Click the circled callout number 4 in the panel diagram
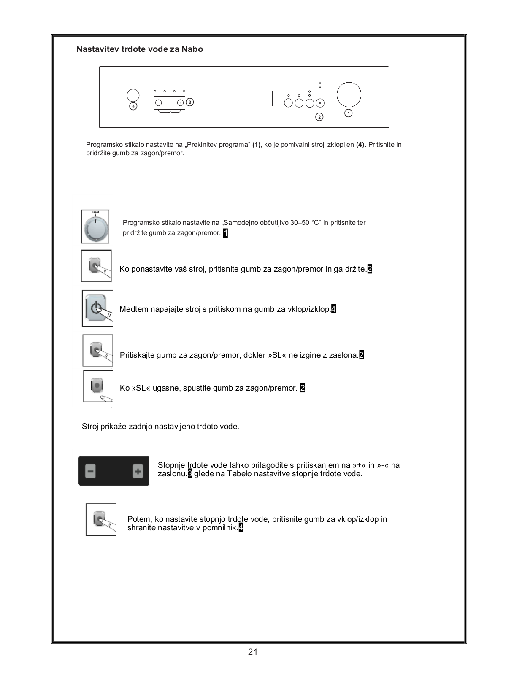click(x=133, y=106)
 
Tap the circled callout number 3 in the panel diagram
click(x=190, y=102)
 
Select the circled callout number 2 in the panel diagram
click(x=319, y=117)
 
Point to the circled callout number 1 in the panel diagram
click(x=349, y=113)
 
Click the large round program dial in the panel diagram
click(x=349, y=94)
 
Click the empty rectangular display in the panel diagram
click(x=244, y=98)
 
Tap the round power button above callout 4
click(x=133, y=95)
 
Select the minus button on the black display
click(x=90, y=471)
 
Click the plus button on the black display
click(x=138, y=471)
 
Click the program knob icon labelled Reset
click(x=95, y=227)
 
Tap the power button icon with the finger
click(x=97, y=308)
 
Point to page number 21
click(x=253, y=652)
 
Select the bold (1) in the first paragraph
click(x=257, y=145)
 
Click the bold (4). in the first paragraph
click(x=361, y=145)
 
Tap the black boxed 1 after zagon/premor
click(x=225, y=233)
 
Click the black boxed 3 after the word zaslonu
click(x=190, y=474)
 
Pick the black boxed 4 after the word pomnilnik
click(x=241, y=528)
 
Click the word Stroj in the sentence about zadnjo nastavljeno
click(x=90, y=427)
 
